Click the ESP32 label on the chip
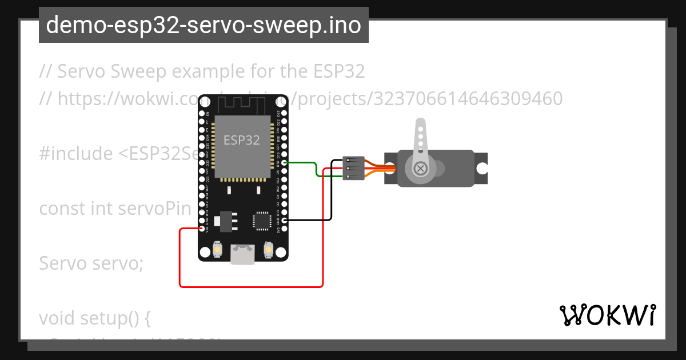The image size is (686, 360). (241, 140)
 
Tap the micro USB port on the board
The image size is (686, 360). (244, 255)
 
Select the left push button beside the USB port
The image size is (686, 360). (218, 250)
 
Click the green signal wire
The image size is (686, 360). (315, 169)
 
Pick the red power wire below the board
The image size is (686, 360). (252, 286)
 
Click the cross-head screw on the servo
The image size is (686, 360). (421, 169)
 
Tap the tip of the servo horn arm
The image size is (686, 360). (420, 122)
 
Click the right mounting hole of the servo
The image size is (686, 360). (482, 169)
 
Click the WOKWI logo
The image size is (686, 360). (608, 315)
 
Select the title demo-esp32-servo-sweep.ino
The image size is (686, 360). (204, 25)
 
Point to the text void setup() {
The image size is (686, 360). (94, 318)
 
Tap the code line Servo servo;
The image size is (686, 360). (91, 263)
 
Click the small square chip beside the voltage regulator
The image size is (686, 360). (262, 220)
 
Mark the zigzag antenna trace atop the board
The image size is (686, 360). (243, 104)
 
